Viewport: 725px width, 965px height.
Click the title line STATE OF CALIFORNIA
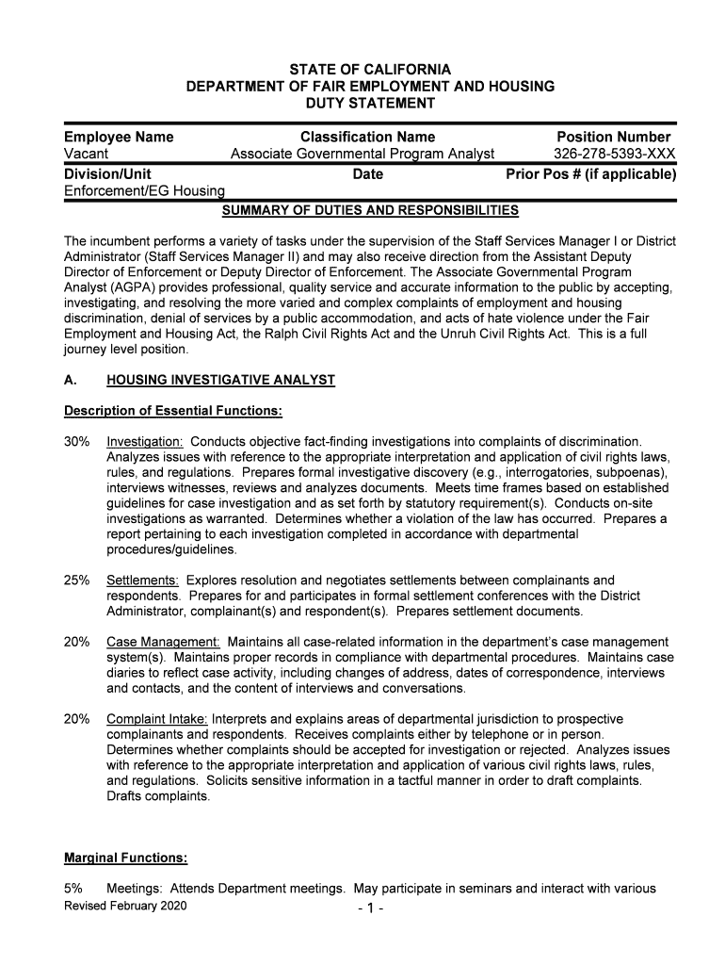point(370,70)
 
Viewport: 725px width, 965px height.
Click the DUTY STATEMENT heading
point(370,103)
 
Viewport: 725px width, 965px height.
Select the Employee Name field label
point(119,138)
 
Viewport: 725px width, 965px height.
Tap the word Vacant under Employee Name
point(86,155)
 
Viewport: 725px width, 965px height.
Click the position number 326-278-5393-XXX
point(614,155)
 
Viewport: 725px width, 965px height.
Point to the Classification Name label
point(367,138)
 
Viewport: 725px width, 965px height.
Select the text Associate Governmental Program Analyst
point(362,155)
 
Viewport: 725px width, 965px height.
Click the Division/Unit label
point(107,174)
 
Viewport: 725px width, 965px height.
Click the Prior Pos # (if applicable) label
point(590,174)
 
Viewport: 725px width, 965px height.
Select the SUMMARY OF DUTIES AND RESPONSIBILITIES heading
point(369,209)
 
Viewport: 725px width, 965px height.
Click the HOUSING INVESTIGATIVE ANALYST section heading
point(220,380)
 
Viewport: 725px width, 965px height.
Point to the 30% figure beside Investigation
point(77,442)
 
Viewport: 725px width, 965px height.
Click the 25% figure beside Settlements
point(77,581)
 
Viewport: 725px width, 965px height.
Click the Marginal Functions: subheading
point(125,858)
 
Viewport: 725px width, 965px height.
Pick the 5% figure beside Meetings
point(73,889)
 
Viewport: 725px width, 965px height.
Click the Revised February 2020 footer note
point(125,906)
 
